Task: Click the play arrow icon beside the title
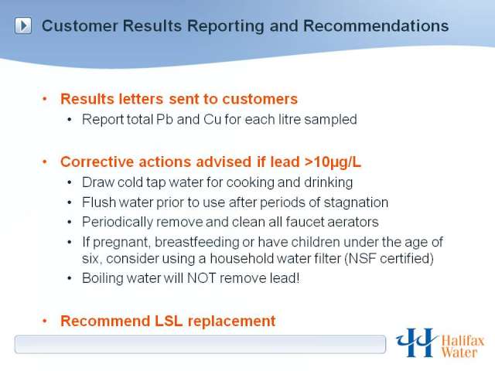[x=23, y=26]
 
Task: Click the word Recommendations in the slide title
[x=376, y=26]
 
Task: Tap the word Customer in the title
[x=80, y=26]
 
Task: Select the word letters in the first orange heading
[x=141, y=99]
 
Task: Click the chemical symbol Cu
[x=212, y=120]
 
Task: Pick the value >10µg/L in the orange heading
[x=333, y=162]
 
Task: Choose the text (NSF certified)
[x=388, y=259]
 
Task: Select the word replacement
[x=232, y=322]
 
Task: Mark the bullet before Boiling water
[x=70, y=278]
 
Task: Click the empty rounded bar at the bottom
[x=200, y=344]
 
